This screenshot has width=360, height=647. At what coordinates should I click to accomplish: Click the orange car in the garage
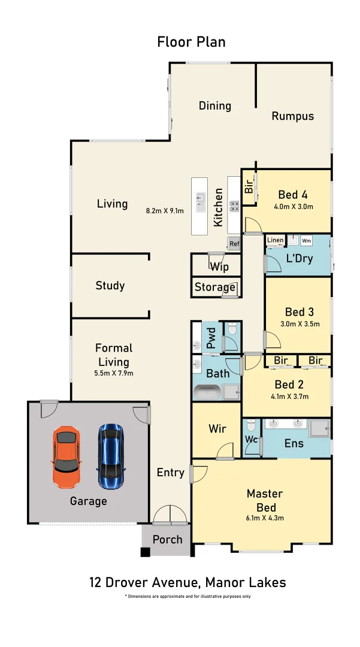[x=66, y=457]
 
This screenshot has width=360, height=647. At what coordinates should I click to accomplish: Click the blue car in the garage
[x=111, y=456]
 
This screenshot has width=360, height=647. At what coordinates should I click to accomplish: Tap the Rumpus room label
[x=293, y=116]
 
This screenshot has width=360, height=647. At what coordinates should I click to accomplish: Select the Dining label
[x=215, y=105]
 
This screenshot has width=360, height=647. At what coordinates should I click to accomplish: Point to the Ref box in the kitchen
[x=234, y=243]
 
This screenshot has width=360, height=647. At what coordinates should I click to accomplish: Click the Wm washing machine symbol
[x=307, y=241]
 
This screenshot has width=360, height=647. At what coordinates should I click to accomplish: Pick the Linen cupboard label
[x=275, y=240]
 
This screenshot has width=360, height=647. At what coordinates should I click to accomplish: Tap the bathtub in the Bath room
[x=207, y=392]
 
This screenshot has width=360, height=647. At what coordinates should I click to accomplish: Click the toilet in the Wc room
[x=251, y=425]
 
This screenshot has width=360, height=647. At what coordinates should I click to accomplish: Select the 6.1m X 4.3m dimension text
[x=265, y=518]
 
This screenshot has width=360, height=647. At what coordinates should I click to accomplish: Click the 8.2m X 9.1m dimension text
[x=165, y=210]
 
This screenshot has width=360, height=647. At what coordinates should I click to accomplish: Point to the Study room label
[x=110, y=286]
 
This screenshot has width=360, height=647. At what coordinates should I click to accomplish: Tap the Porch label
[x=168, y=539]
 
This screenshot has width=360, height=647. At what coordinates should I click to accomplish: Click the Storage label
[x=215, y=287]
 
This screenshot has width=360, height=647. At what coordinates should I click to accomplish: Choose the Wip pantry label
[x=219, y=267]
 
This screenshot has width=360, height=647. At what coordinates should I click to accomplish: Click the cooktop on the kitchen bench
[x=234, y=205]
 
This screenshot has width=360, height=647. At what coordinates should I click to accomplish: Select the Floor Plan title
[x=191, y=42]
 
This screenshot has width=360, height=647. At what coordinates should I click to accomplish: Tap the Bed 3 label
[x=300, y=312]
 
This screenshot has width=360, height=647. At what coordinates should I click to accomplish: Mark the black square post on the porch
[x=145, y=552]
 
